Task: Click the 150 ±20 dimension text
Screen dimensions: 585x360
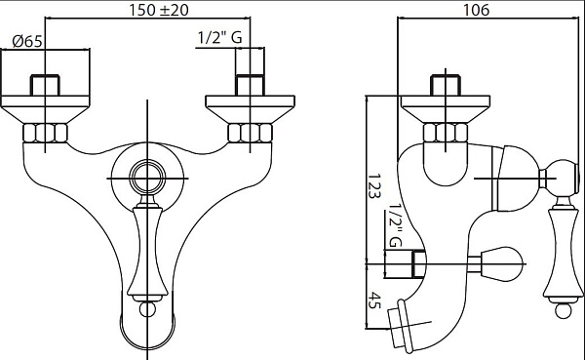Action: click(x=159, y=10)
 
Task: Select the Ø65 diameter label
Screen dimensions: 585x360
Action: click(x=27, y=41)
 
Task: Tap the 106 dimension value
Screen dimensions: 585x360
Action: click(x=476, y=10)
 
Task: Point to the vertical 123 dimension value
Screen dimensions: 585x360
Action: click(x=373, y=185)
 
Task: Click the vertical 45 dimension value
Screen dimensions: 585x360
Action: click(x=373, y=300)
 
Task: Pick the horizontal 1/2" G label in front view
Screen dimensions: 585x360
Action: click(x=219, y=37)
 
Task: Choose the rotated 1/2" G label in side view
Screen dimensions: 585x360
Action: click(x=395, y=225)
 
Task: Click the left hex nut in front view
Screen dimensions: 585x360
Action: click(x=45, y=133)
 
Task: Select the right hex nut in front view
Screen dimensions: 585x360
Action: click(x=250, y=133)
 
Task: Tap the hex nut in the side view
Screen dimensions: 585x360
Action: click(x=446, y=133)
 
